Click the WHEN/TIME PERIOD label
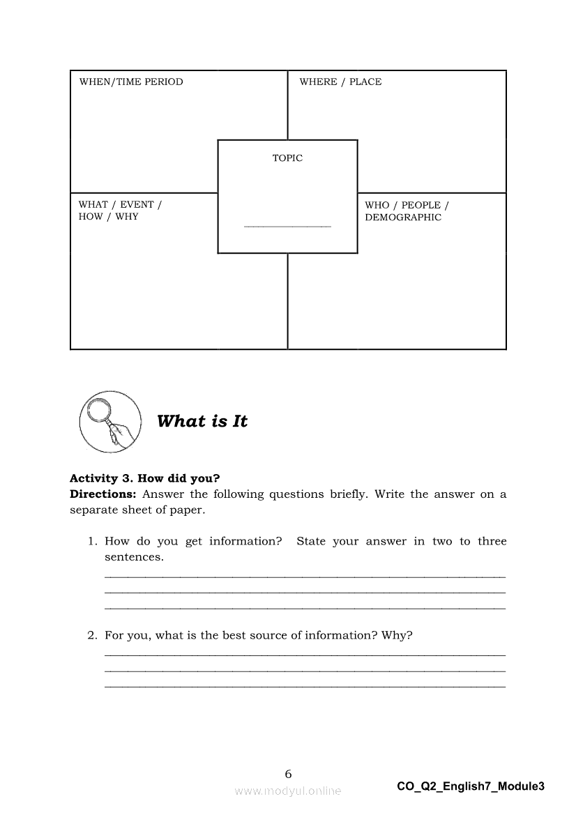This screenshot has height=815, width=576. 131,82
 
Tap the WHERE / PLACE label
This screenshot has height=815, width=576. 340,82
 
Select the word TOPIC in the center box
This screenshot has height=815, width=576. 287,158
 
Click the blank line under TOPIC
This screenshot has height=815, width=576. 287,226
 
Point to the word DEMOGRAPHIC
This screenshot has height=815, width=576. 403,218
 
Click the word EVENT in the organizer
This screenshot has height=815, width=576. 137,205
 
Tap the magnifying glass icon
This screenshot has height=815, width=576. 108,421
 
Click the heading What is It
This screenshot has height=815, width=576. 202,421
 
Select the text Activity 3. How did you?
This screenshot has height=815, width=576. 145,478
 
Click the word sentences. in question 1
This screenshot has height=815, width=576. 134,558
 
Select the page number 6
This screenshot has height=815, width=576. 289,774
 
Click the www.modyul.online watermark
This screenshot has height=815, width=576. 288,791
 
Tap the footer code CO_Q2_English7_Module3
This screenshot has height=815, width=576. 471,786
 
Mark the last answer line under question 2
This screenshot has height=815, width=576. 305,687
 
